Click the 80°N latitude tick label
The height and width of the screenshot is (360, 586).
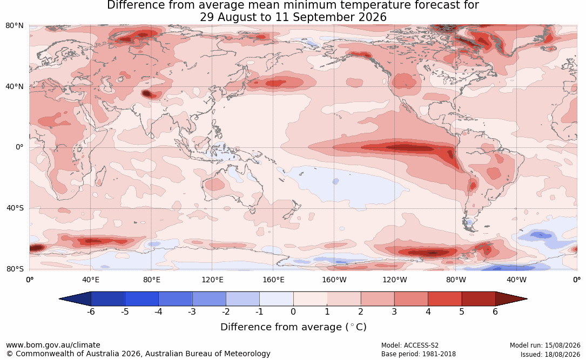(x=14, y=26)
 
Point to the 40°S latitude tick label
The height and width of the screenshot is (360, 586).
(x=15, y=208)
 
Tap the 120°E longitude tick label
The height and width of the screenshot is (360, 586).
(x=212, y=280)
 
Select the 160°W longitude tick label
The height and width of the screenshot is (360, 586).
(x=334, y=280)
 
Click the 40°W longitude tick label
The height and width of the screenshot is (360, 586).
(x=516, y=280)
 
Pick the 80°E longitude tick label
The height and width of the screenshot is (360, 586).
(x=151, y=280)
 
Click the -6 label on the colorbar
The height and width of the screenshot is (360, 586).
(x=91, y=311)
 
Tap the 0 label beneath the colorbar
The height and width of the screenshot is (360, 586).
(x=293, y=311)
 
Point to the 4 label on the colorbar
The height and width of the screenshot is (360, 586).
(x=428, y=311)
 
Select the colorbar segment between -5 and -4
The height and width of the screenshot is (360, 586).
(x=142, y=299)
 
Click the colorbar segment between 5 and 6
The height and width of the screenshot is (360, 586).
(x=479, y=299)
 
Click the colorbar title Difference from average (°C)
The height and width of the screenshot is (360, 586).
(x=293, y=327)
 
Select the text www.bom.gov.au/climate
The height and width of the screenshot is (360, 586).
(x=53, y=345)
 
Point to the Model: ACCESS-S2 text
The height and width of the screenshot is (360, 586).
(x=409, y=345)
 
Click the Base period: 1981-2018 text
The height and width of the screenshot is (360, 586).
(x=418, y=354)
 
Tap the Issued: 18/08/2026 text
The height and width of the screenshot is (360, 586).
(x=550, y=354)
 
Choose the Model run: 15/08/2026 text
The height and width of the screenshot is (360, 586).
(x=545, y=345)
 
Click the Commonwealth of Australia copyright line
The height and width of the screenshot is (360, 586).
(x=138, y=354)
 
